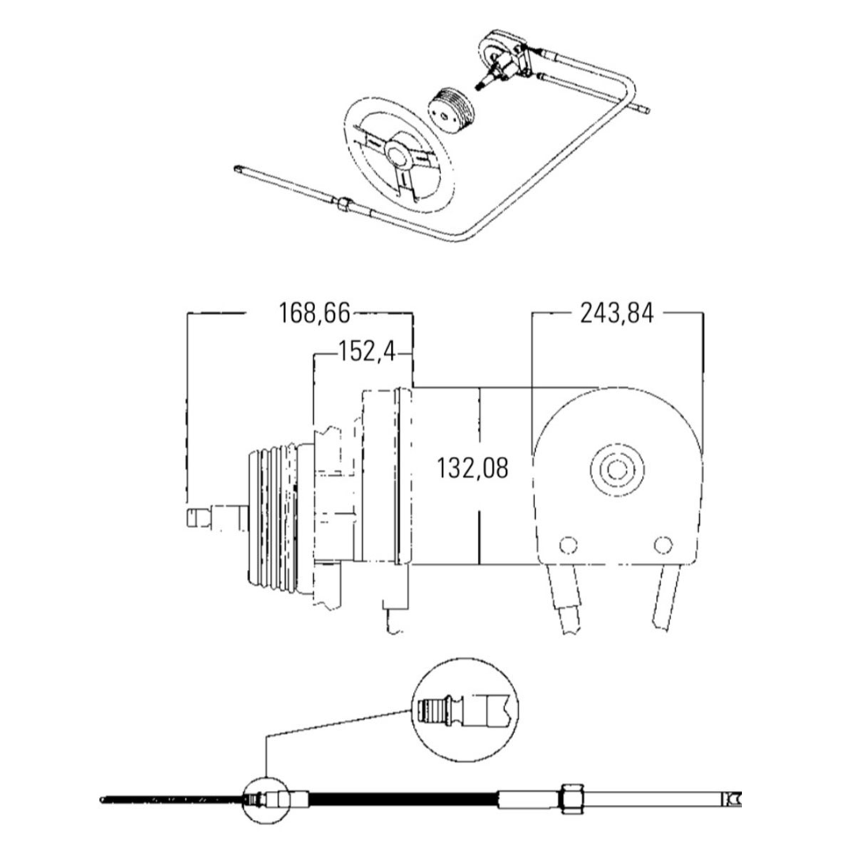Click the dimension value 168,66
pos(313,313)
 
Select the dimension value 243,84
pos(617,313)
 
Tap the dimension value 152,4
pos(366,351)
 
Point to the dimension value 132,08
pos(472,469)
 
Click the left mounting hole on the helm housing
pos(566,545)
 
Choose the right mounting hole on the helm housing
pos(664,545)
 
